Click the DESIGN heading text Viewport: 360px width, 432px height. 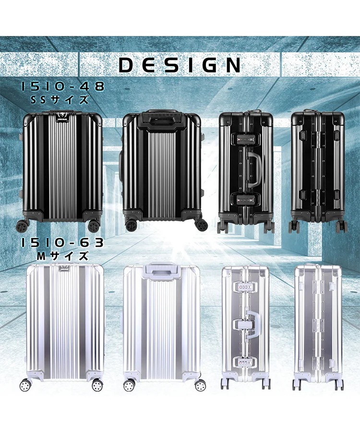point(180,65)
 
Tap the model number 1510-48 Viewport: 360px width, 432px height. point(63,86)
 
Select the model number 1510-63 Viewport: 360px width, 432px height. point(62,243)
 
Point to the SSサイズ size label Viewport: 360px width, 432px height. point(60,99)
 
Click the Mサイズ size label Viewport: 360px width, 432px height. point(63,256)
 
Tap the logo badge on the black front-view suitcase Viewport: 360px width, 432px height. point(62,117)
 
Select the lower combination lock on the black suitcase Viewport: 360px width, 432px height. point(246,199)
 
